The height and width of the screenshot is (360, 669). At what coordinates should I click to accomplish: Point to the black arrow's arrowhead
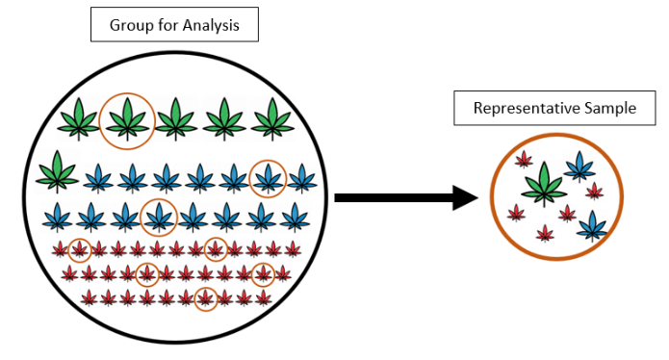click(465, 198)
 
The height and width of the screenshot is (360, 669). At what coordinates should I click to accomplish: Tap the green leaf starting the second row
click(58, 173)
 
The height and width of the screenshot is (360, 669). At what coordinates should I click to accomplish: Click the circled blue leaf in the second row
click(268, 178)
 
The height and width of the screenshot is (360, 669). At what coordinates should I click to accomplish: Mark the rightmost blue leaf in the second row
click(301, 178)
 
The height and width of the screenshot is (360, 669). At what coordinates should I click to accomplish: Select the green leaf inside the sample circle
click(545, 183)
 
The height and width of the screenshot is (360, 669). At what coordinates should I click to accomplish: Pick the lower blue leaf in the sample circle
click(592, 227)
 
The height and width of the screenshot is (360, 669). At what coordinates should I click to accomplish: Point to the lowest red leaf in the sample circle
click(545, 232)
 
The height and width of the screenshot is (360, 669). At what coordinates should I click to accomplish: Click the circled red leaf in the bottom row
click(204, 298)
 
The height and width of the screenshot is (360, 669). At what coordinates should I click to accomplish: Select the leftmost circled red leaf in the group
click(80, 250)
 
